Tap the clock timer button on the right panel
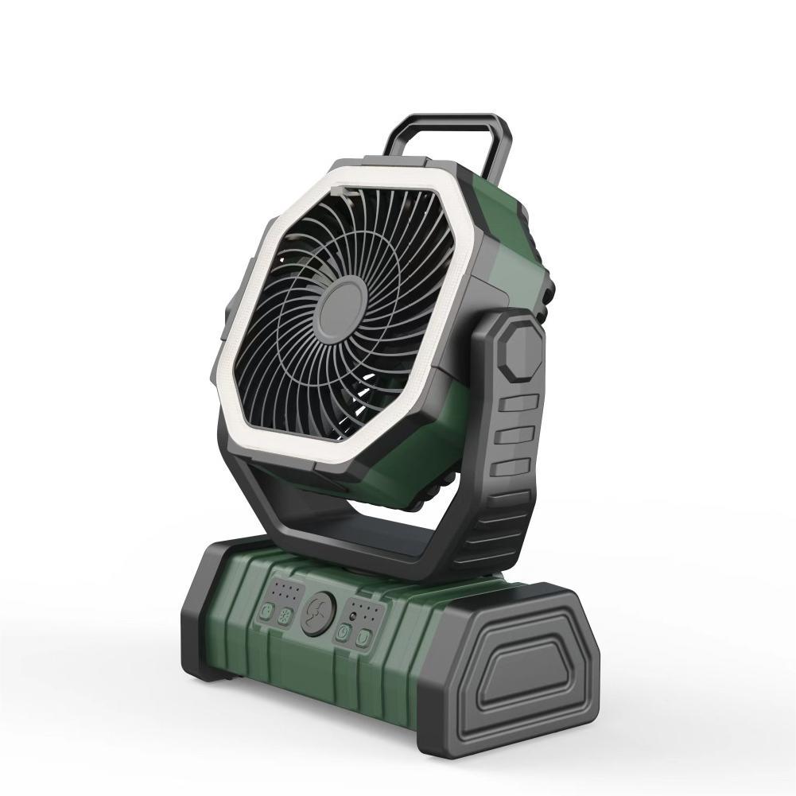click(344, 632)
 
